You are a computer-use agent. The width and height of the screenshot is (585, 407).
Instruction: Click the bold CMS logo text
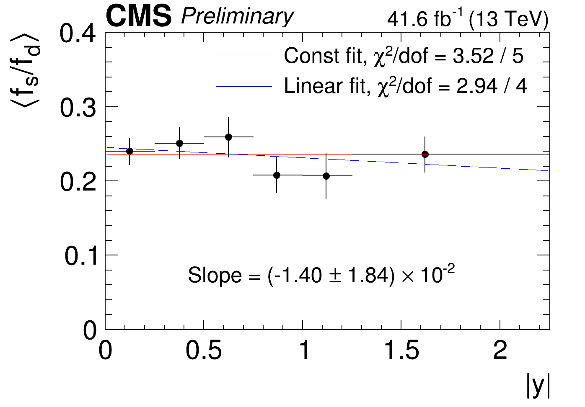139,16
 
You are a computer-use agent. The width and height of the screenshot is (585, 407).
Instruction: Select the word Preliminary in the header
237,17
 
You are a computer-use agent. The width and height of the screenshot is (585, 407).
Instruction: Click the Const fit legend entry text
404,56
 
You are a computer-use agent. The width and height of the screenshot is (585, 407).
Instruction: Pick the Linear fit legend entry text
405,86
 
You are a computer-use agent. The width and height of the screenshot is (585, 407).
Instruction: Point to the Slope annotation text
321,275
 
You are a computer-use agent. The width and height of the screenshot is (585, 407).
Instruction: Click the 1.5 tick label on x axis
401,350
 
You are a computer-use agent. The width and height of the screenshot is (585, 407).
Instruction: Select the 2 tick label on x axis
500,350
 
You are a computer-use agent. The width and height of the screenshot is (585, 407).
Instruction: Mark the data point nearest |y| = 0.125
129,151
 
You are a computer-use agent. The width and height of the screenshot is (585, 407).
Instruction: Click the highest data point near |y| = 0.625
228,137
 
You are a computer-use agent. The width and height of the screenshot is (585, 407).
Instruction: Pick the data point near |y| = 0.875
277,175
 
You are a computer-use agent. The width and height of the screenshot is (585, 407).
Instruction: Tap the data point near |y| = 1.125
326,176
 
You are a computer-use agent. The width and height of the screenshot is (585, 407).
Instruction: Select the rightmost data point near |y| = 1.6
425,154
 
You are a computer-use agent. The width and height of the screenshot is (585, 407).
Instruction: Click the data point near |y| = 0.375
179,143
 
